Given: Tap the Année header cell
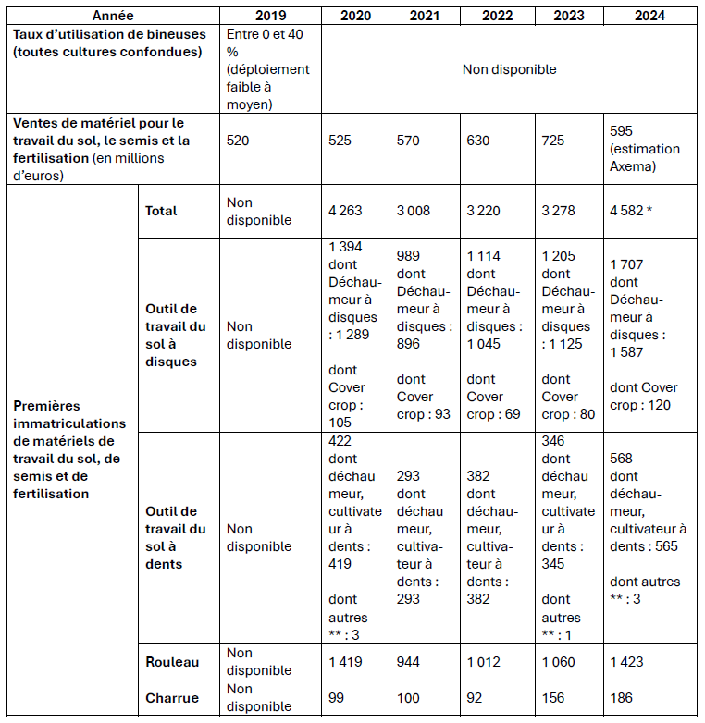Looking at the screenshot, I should (114, 16).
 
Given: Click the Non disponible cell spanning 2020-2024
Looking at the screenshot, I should (510, 69).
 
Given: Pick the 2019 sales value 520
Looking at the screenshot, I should (240, 141).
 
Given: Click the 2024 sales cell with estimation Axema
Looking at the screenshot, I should (645, 149).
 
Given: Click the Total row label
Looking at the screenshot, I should (161, 211).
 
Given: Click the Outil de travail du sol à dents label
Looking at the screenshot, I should (176, 537).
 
